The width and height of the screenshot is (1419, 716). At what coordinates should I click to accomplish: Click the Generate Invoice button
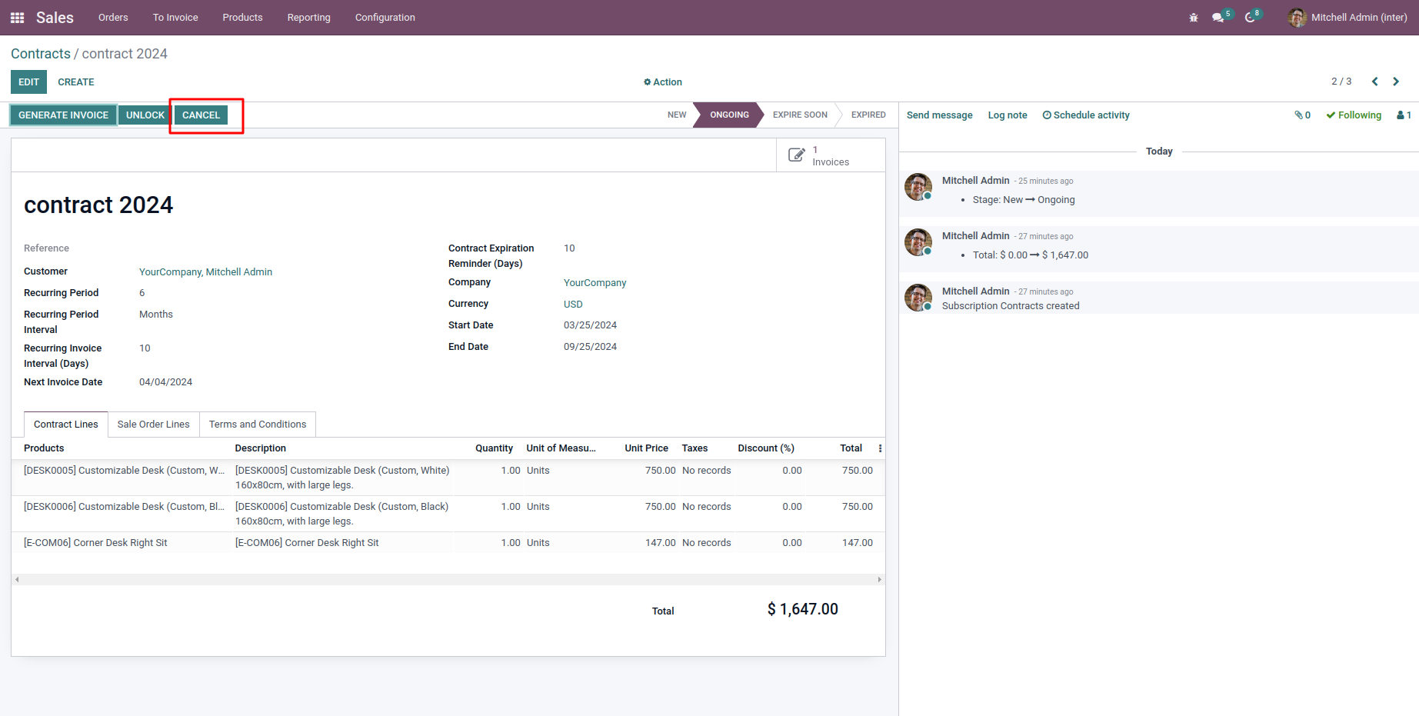click(x=63, y=115)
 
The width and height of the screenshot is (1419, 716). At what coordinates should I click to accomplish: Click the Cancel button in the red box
click(x=201, y=115)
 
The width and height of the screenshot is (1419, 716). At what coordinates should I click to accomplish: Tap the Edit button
click(x=28, y=82)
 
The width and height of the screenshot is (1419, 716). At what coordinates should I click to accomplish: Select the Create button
click(x=76, y=82)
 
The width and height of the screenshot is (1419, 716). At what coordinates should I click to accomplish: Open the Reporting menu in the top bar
click(x=308, y=18)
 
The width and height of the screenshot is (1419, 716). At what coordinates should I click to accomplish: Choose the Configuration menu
click(x=385, y=18)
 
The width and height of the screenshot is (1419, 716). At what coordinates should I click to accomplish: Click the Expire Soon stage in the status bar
click(x=800, y=115)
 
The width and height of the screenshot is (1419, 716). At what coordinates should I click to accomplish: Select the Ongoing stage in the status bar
click(x=729, y=115)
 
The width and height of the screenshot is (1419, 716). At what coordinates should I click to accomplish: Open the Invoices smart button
click(x=820, y=155)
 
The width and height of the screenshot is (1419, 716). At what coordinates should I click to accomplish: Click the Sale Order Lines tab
click(x=153, y=425)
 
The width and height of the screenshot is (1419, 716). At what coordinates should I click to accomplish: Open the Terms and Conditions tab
click(x=258, y=425)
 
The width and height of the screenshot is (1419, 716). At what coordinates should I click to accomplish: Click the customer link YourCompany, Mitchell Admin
click(x=205, y=272)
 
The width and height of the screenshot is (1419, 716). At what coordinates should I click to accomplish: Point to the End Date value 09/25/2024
click(x=590, y=347)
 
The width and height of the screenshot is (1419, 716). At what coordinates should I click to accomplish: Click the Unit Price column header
click(x=646, y=448)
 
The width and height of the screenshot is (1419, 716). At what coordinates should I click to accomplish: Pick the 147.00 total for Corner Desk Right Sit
click(x=857, y=543)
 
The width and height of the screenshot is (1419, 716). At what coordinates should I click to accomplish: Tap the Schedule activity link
click(x=1086, y=115)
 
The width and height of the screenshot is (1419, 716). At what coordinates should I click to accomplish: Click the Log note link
click(x=1008, y=115)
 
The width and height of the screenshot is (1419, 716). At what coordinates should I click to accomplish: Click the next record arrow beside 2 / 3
click(x=1396, y=82)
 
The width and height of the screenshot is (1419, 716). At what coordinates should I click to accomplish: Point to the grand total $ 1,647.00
click(x=802, y=609)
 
